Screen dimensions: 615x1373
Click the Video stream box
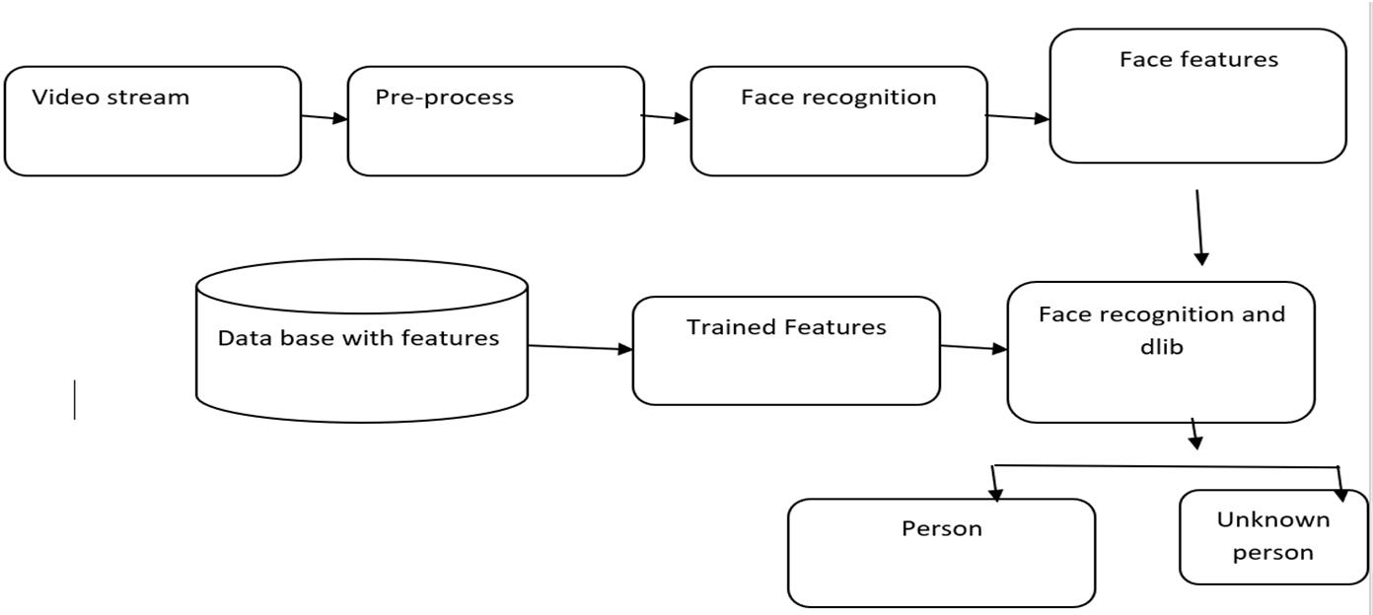152,121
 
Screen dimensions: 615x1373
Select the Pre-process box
495,121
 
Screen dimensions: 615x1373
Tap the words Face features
1197,59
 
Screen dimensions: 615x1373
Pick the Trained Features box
785,351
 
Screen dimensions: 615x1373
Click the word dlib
1161,347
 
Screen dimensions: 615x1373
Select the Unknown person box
1272,536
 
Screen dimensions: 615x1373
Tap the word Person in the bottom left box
941,528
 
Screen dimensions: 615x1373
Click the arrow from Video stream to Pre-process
324,117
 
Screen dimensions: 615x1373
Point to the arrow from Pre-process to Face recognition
666,117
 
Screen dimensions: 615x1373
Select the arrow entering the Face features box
1017,117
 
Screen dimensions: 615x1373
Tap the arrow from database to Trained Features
580,347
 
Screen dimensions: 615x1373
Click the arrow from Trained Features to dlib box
974,347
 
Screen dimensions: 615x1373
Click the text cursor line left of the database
74,399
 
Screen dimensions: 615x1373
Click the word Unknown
1272,519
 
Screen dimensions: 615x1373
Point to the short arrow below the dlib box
1194,434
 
